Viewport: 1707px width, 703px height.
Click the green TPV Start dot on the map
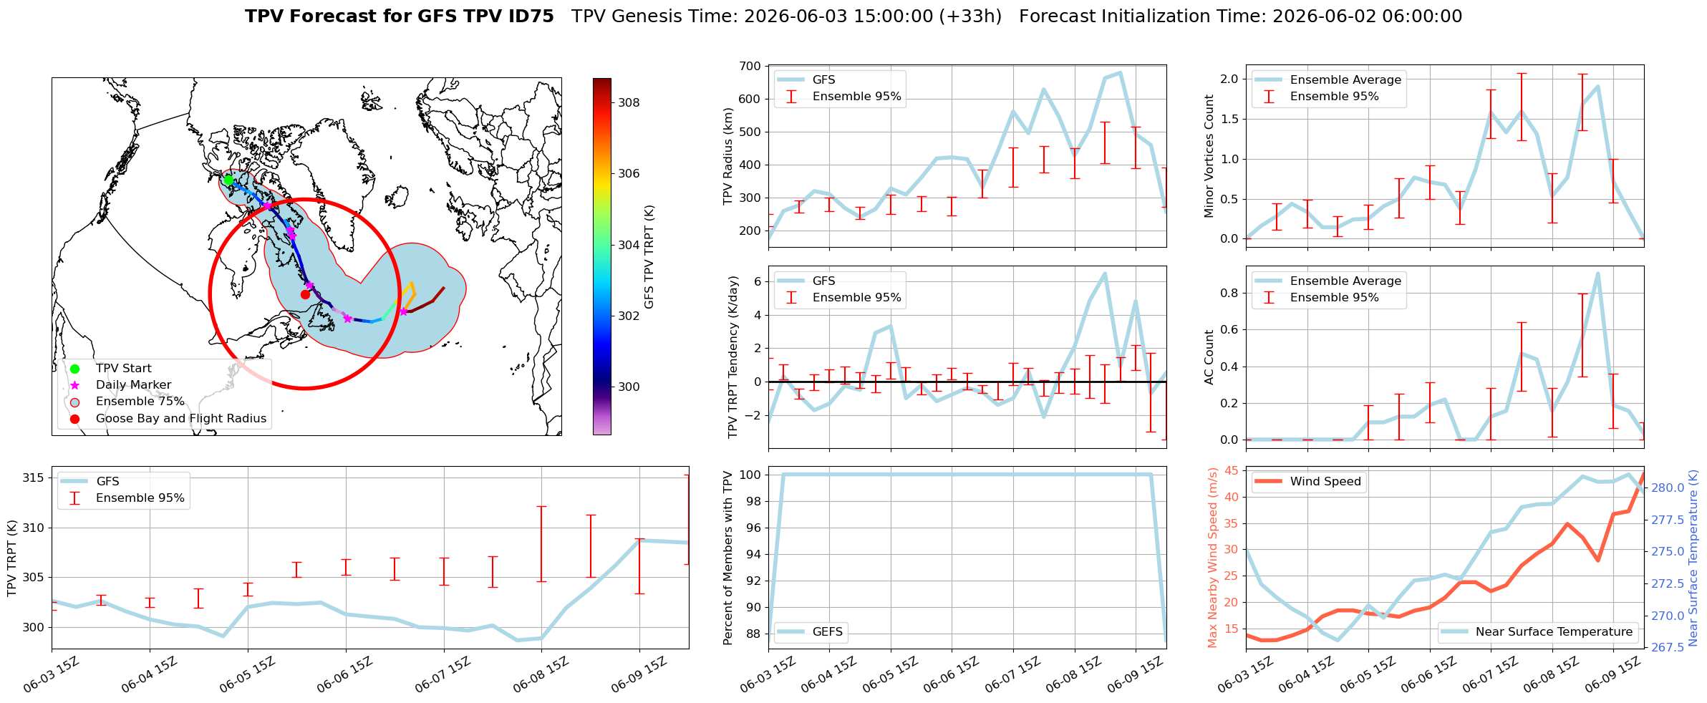click(x=228, y=180)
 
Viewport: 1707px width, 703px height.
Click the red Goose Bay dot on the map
click(x=305, y=294)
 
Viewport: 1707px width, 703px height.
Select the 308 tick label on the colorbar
click(x=629, y=102)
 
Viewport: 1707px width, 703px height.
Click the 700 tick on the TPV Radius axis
click(x=750, y=67)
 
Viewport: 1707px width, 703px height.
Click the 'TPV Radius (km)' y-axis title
click(x=728, y=156)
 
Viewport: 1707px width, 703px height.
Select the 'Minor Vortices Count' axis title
click(x=1209, y=156)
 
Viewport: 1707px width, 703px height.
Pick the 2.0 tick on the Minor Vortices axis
click(x=1229, y=79)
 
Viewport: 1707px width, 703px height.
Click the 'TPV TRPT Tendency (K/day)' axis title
click(x=732, y=357)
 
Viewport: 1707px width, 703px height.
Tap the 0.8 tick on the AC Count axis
click(x=1229, y=293)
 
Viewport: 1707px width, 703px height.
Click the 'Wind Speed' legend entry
click(x=1309, y=482)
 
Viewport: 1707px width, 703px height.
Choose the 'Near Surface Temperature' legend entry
click(x=1537, y=632)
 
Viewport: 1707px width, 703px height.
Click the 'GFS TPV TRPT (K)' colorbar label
click(x=649, y=257)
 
